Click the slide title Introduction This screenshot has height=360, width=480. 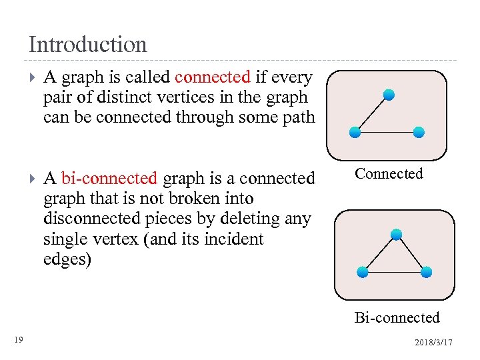(87, 45)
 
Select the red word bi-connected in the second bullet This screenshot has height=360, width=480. (109, 179)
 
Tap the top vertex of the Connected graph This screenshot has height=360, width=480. (389, 95)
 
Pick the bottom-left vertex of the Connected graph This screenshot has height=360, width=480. (355, 132)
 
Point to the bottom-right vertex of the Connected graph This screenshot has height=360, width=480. (419, 132)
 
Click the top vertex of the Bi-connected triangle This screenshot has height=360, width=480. (396, 234)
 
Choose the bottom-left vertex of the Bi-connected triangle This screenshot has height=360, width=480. (362, 271)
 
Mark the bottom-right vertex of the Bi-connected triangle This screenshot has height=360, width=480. (427, 271)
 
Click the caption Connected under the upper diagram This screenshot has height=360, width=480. (389, 174)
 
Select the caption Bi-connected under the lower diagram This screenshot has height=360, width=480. (397, 317)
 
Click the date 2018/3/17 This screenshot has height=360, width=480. (433, 342)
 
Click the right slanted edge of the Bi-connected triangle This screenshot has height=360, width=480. (411, 253)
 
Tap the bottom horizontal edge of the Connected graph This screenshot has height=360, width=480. (387, 132)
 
